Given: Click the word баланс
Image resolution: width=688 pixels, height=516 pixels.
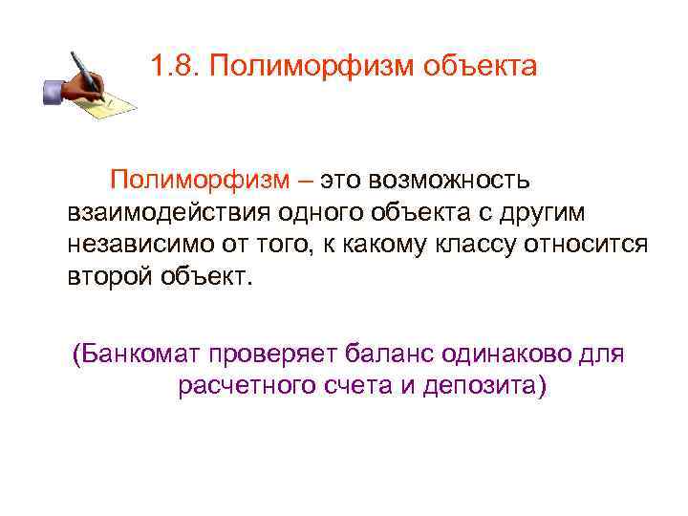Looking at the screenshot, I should tap(394, 355).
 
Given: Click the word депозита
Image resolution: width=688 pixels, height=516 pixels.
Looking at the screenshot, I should tap(484, 387).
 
